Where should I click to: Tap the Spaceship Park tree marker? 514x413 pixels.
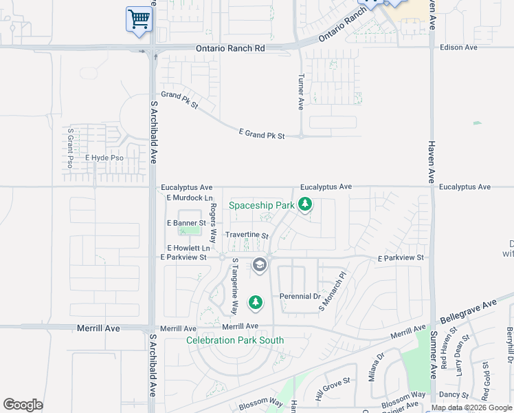pos(305,204)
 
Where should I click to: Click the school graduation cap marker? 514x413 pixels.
pos(259,265)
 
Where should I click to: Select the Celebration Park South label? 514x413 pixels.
pos(235,340)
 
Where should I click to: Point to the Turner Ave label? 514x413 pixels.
pos(300,92)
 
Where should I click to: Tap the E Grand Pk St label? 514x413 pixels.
pos(261,134)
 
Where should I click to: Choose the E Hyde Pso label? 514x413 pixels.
pos(104,158)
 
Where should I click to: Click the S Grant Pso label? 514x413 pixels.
pos(70,148)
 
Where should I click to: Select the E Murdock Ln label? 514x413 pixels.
pos(186,198)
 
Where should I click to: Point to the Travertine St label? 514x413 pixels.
pos(247,235)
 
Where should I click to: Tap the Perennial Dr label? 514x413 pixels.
pos(300,297)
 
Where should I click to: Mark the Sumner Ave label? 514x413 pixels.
pos(434,354)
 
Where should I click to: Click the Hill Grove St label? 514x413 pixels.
pos(333,392)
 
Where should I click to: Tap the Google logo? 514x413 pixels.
pos(23,405)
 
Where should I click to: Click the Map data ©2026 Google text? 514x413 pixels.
pos(471,407)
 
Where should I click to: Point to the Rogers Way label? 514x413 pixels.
pos(213,222)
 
